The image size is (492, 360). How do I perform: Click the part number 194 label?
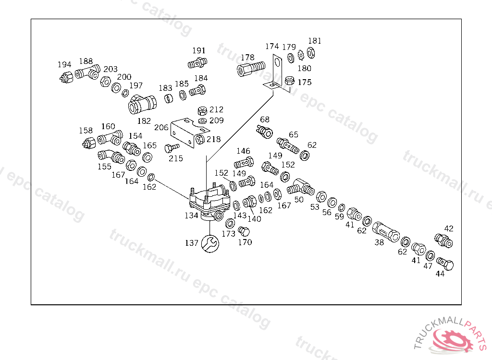point(64,65)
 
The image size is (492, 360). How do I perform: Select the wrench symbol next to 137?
point(210,243)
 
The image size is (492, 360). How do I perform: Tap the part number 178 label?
point(247,58)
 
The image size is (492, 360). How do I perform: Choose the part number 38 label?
point(379,243)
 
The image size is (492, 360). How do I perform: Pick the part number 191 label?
point(199,50)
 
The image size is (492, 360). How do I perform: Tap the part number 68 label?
point(265,120)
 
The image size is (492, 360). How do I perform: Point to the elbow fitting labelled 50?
point(301,187)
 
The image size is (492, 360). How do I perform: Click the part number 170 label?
point(245,242)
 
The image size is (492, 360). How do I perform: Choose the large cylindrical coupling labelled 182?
point(142,104)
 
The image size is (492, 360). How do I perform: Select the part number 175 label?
point(304,82)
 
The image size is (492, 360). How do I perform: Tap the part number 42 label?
point(449,228)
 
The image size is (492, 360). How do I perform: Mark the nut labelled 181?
point(310,51)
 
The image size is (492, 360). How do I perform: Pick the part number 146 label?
point(243,151)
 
